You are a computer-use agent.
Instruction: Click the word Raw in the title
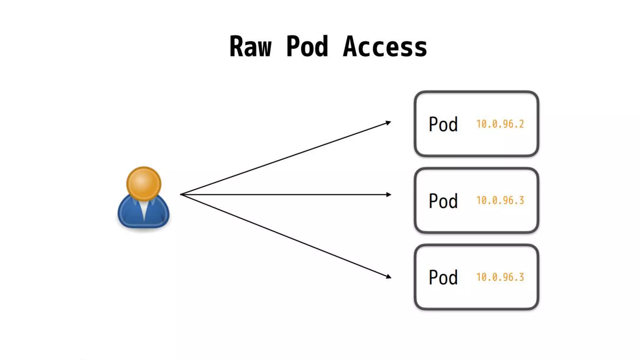click(x=250, y=47)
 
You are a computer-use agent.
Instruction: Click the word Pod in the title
click(x=307, y=47)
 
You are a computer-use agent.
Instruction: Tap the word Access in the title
click(x=385, y=47)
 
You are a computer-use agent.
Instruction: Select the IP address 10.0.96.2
click(x=500, y=124)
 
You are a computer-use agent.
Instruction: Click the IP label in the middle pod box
click(x=500, y=200)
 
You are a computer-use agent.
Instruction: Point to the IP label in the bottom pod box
click(x=500, y=277)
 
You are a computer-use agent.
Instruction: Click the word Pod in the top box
click(x=443, y=124)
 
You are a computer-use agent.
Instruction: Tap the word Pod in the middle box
click(x=443, y=201)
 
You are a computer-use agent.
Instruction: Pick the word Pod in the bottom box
click(x=443, y=277)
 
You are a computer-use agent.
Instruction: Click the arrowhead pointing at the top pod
click(x=388, y=122)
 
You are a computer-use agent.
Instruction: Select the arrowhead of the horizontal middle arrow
click(x=389, y=195)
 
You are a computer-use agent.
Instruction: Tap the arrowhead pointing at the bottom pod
click(x=388, y=276)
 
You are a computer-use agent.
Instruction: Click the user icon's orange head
click(x=144, y=183)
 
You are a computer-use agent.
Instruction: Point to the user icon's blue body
click(x=128, y=214)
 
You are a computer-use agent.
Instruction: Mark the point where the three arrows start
click(x=181, y=194)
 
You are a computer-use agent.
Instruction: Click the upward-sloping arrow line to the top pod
click(x=284, y=158)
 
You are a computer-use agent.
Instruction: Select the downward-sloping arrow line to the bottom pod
click(x=284, y=235)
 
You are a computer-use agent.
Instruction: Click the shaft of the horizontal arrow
click(x=284, y=195)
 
